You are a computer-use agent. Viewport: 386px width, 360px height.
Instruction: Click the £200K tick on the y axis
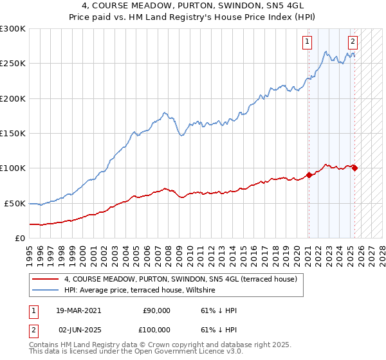[12, 98]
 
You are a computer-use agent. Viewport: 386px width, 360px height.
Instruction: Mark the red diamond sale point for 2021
[309, 175]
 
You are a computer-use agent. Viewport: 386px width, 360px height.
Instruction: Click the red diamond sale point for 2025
[354, 168]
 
